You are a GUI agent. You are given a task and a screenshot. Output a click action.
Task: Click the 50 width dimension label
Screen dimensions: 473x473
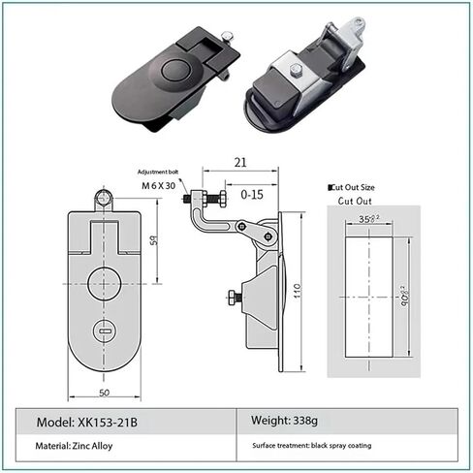point(103,394)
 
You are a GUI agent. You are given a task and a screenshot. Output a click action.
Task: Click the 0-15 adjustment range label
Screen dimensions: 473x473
point(251,194)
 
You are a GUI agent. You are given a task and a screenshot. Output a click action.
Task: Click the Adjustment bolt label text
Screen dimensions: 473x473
point(157,171)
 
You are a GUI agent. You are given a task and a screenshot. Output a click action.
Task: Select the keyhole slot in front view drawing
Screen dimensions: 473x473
point(104,331)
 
